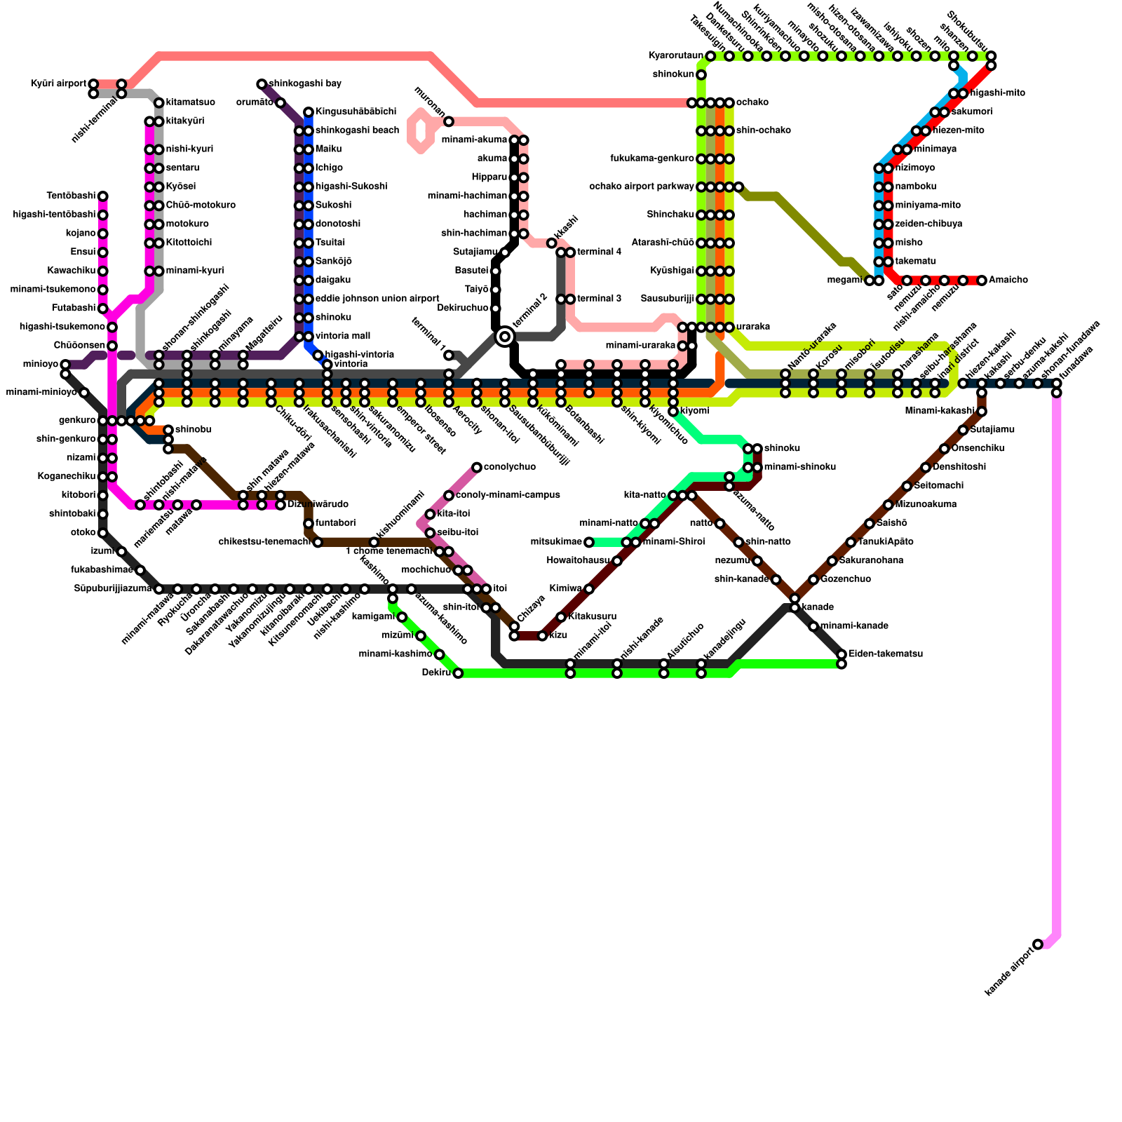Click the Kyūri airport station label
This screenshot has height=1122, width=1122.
click(x=58, y=84)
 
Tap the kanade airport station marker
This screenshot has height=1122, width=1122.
click(x=1038, y=945)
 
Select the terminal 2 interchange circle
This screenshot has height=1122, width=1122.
click(x=505, y=337)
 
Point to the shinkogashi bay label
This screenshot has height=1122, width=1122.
click(x=305, y=84)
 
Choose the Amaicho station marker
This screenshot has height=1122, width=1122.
click(x=982, y=280)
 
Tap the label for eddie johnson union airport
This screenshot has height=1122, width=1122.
click(x=377, y=299)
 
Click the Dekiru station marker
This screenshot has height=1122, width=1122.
click(x=458, y=673)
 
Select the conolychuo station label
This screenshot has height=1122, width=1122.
click(x=510, y=467)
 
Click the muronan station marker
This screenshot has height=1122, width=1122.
click(x=449, y=122)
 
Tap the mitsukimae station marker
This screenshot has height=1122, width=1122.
click(x=589, y=542)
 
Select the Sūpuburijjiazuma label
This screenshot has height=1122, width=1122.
click(x=112, y=589)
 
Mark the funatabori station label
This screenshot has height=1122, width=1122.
click(x=336, y=523)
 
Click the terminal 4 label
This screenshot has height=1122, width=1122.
click(x=600, y=252)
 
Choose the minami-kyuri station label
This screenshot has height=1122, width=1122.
click(x=195, y=271)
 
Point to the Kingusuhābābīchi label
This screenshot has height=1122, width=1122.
click(x=356, y=112)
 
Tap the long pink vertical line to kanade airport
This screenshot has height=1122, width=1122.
click(x=1057, y=666)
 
